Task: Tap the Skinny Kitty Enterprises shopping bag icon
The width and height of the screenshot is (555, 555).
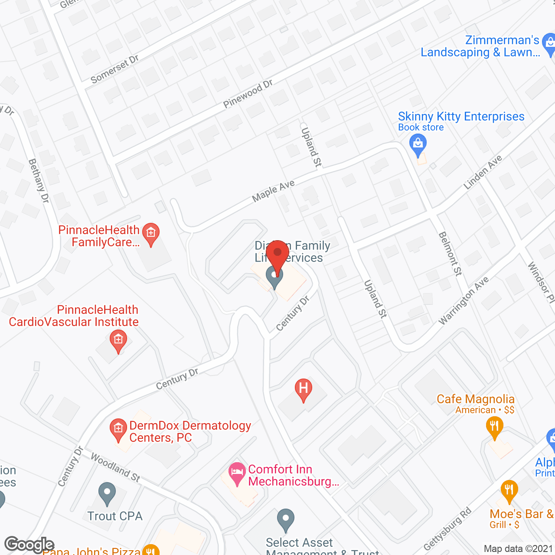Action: pyautogui.click(x=418, y=145)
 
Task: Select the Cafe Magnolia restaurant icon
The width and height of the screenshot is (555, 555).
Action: pyautogui.click(x=494, y=427)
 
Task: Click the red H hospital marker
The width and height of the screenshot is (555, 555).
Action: pyautogui.click(x=304, y=389)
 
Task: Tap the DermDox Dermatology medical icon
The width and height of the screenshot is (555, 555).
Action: pyautogui.click(x=118, y=429)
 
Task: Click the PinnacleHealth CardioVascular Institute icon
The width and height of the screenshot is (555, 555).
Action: pyautogui.click(x=118, y=340)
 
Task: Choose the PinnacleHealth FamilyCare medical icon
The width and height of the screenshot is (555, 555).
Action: pyautogui.click(x=151, y=234)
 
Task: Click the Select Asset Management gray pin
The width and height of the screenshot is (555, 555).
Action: pyautogui.click(x=285, y=519)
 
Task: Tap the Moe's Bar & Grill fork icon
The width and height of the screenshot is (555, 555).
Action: pyautogui.click(x=509, y=491)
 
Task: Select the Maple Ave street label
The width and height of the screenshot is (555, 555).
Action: pyautogui.click(x=273, y=191)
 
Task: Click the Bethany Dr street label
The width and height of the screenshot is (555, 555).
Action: pyautogui.click(x=39, y=181)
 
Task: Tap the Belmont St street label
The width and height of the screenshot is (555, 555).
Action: pyautogui.click(x=450, y=254)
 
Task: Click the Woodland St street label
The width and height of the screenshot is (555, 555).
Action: pyautogui.click(x=115, y=468)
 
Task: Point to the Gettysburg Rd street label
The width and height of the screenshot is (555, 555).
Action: pyautogui.click(x=447, y=529)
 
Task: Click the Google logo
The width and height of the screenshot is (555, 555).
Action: pyautogui.click(x=29, y=545)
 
